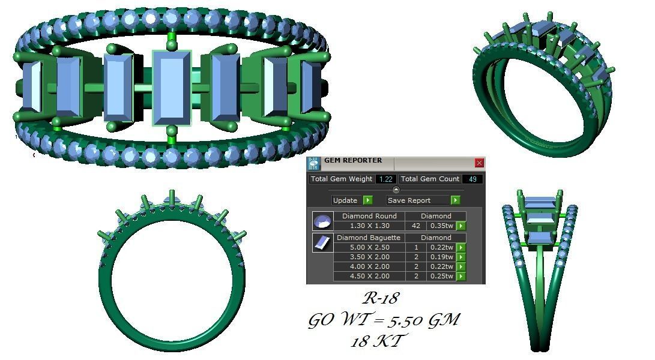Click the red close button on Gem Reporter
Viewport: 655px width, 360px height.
[x=479, y=163]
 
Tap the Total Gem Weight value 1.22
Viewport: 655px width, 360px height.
[x=385, y=179]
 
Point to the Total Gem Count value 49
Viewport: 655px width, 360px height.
[x=472, y=179]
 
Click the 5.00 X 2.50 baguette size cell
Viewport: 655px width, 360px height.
[x=369, y=247]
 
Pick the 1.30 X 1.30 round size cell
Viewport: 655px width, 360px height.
[x=369, y=226]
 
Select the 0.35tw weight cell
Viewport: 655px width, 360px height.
[x=441, y=226]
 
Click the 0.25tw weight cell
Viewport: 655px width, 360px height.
[x=441, y=276]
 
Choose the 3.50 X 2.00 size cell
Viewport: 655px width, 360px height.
[x=369, y=257]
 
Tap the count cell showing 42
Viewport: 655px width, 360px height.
[x=415, y=226]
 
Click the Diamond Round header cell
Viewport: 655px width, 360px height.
[x=369, y=216]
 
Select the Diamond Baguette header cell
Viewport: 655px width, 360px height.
[x=369, y=238]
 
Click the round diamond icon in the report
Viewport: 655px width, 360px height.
[x=322, y=221]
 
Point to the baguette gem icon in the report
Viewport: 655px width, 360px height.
[x=322, y=242]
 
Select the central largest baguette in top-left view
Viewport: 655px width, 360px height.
[x=172, y=88]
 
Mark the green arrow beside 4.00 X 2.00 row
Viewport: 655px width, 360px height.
[x=461, y=266]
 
